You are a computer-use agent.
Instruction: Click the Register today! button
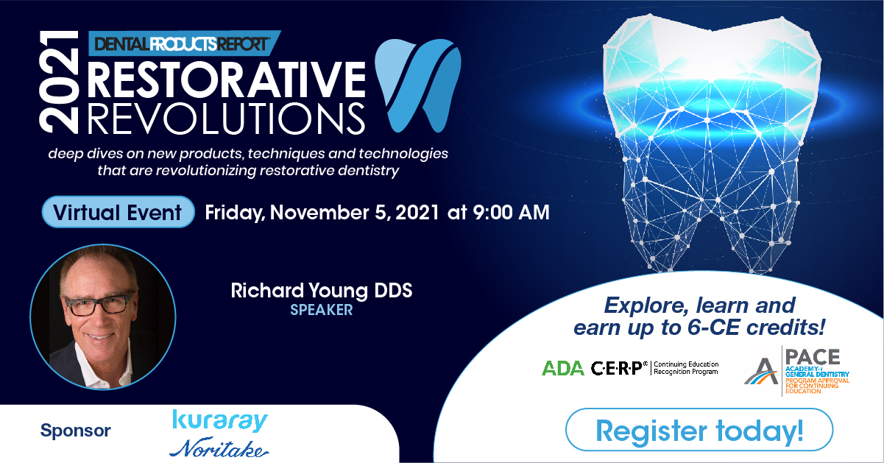(699, 429)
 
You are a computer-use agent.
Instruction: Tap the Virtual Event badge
(118, 212)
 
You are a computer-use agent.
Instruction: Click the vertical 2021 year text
(59, 82)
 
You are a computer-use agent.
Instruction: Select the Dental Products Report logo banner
(184, 43)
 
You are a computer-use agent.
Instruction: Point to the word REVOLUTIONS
(226, 119)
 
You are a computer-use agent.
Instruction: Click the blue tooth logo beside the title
(417, 85)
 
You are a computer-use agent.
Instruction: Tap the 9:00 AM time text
(511, 212)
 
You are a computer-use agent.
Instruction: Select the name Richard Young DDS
(322, 291)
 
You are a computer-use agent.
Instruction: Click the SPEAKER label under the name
(322, 310)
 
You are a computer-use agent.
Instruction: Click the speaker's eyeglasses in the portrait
(99, 305)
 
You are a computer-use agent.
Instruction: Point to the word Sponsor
(75, 430)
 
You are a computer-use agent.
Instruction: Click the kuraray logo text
(220, 421)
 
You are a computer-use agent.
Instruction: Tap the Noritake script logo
(219, 448)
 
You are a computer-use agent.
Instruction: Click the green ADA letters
(563, 369)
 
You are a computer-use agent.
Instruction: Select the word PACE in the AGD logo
(812, 357)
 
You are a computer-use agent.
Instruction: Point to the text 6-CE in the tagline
(712, 328)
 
